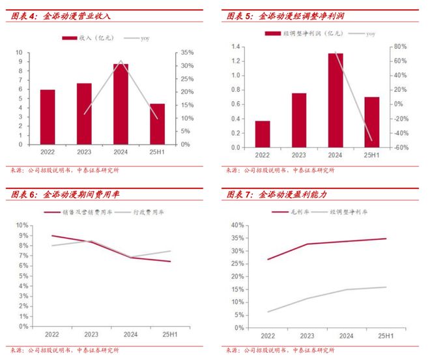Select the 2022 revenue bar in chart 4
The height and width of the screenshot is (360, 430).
click(x=48, y=117)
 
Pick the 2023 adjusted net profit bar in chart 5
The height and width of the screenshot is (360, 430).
click(x=299, y=121)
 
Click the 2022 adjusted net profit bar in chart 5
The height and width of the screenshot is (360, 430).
click(x=263, y=134)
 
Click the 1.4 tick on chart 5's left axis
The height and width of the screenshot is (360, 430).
click(x=236, y=46)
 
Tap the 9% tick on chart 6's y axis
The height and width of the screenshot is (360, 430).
click(x=23, y=235)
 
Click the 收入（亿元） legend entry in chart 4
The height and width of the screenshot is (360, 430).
click(x=92, y=38)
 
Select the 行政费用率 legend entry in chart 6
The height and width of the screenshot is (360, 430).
click(x=147, y=213)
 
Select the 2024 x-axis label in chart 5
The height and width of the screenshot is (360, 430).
click(x=336, y=155)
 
